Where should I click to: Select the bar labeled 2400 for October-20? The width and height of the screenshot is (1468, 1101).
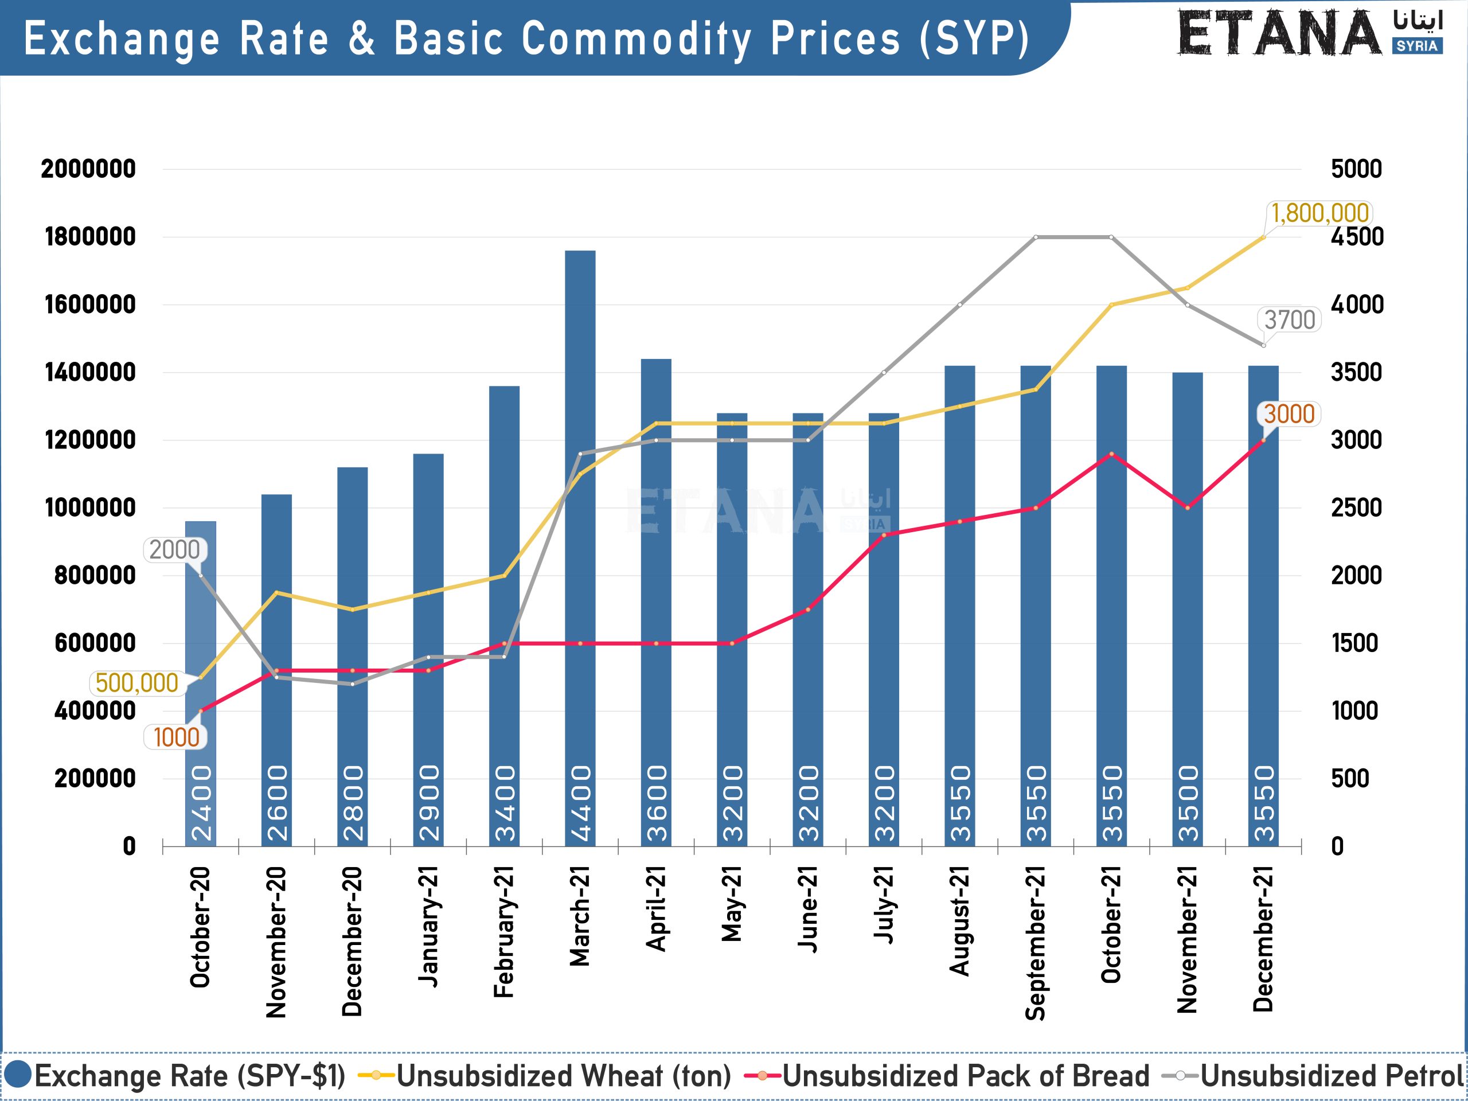[x=201, y=684]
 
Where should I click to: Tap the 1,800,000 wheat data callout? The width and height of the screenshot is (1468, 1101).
[x=1319, y=213]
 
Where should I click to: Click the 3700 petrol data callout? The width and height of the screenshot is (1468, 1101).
[x=1290, y=320]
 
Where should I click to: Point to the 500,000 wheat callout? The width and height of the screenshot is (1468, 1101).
[x=136, y=683]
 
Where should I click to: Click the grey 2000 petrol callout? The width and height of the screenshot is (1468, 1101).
[x=174, y=550]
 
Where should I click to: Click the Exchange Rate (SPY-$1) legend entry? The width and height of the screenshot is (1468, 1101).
[x=175, y=1076]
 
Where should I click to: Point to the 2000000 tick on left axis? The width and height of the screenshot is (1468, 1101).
[x=88, y=169]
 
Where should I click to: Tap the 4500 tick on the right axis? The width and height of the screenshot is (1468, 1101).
[x=1357, y=237]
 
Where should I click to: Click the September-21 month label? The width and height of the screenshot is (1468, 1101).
[x=1035, y=942]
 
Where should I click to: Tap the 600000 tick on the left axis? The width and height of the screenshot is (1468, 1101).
[x=95, y=643]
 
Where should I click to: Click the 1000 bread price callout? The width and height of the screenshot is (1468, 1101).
[x=176, y=737]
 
